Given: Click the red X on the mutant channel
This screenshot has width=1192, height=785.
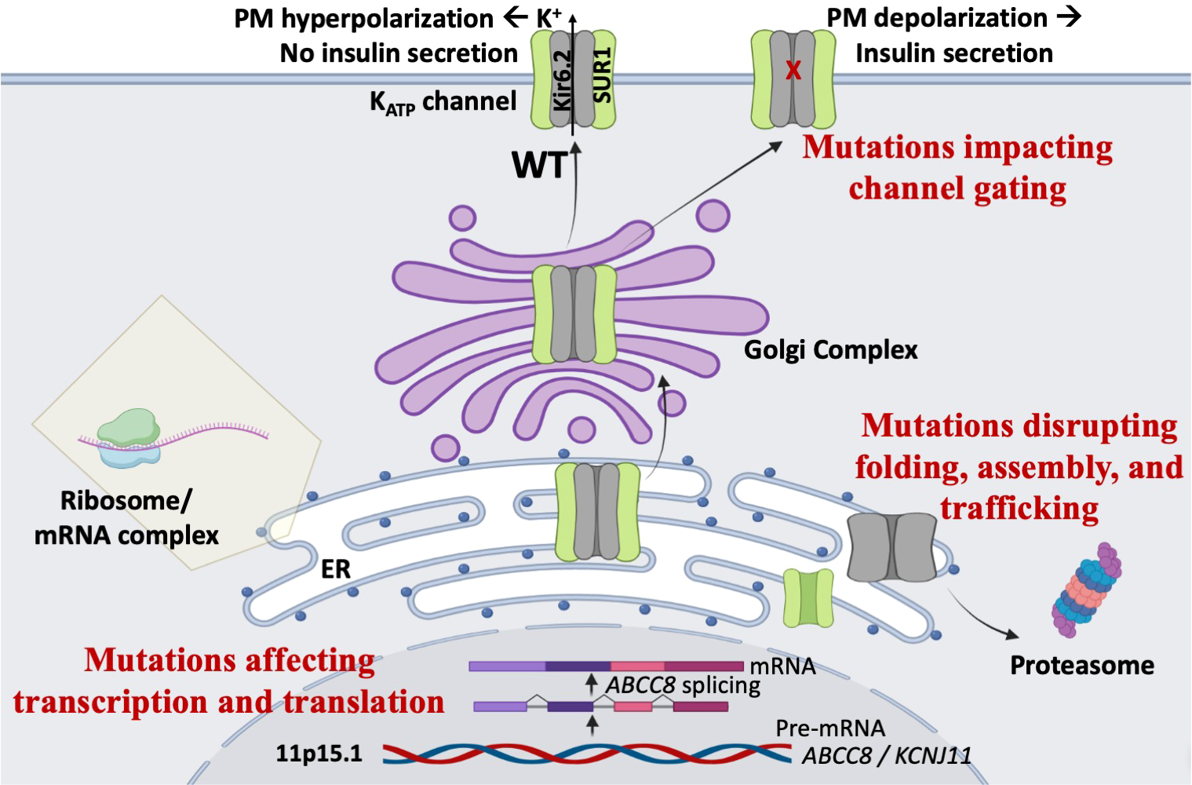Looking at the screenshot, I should (x=793, y=71).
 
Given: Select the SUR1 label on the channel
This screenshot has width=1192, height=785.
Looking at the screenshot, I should (x=603, y=77).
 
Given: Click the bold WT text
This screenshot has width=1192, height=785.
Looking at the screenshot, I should (x=539, y=166).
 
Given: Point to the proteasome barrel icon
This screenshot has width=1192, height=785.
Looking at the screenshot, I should (x=1086, y=589).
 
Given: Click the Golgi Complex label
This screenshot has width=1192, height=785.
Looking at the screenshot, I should (x=830, y=349).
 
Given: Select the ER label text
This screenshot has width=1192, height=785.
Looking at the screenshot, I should (x=336, y=568).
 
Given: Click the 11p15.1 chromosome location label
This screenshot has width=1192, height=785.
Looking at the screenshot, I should (x=319, y=754).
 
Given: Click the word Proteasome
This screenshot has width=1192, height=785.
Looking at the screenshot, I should (x=1081, y=666).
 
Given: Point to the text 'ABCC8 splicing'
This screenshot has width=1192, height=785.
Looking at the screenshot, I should (x=683, y=685).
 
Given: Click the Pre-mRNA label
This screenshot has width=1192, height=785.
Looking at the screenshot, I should (x=829, y=728).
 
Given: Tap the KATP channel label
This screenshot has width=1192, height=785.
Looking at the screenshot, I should (x=443, y=102).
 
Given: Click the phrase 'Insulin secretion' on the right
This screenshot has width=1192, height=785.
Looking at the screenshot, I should (x=953, y=53).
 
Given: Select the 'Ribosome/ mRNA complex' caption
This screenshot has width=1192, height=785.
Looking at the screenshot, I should (x=126, y=518).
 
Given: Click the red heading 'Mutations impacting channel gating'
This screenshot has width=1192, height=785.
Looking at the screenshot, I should (x=957, y=167).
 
